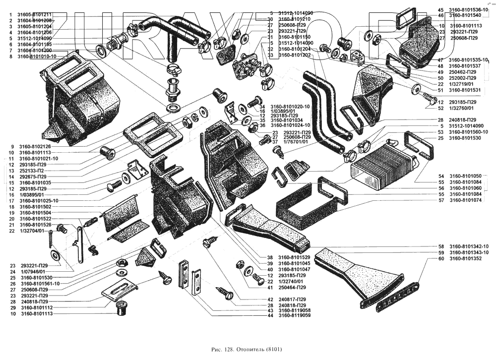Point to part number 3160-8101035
click(x=36, y=183)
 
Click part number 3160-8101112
click(x=36, y=307)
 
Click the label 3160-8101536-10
click(x=469, y=10)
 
